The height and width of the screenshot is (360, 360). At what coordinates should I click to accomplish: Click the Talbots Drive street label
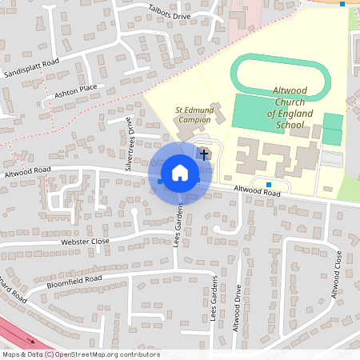coord(170,15)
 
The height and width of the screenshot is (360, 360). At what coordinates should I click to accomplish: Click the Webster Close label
coord(85,241)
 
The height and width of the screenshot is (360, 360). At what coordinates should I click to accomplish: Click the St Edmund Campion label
coord(193,114)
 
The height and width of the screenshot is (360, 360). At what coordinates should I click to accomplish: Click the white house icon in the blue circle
coord(179,173)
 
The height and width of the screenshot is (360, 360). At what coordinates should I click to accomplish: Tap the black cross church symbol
coord(204,154)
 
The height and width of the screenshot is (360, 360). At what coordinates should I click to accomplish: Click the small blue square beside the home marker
coord(160,182)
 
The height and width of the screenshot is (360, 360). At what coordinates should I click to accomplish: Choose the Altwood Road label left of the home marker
coord(27,171)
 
